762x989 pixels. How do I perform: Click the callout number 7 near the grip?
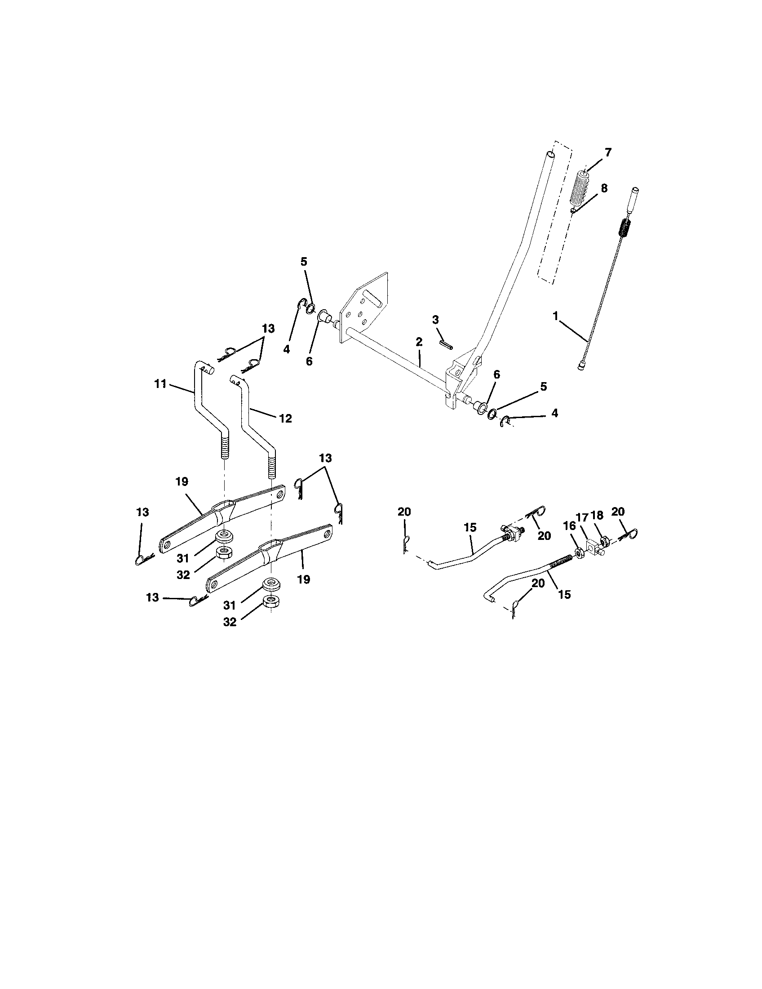pos(608,152)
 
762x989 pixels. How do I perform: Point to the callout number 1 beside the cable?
pos(556,316)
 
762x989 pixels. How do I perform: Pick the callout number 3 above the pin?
pos(435,320)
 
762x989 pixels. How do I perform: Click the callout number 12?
pos(285,419)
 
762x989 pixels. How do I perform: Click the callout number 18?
pos(597,515)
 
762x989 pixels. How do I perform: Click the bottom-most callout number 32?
pos(230,622)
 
